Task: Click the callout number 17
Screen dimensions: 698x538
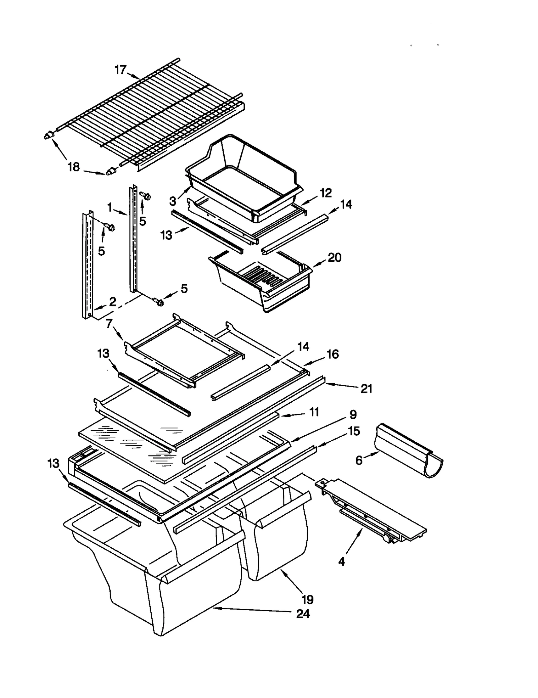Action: point(120,70)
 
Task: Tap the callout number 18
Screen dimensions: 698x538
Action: point(74,167)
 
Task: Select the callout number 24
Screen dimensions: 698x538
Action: point(303,614)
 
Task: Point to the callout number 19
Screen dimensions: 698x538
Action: point(307,599)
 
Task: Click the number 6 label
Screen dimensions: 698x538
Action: point(359,460)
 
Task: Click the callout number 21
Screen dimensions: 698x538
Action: point(366,389)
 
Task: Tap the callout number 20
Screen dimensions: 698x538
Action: point(334,258)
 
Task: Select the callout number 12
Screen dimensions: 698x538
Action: point(325,193)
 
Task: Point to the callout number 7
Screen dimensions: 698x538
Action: point(109,324)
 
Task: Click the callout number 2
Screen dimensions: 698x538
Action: point(112,301)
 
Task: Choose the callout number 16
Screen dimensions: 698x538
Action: point(333,354)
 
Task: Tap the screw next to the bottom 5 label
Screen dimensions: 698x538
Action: point(158,301)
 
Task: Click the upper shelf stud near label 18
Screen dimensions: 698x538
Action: point(49,135)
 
